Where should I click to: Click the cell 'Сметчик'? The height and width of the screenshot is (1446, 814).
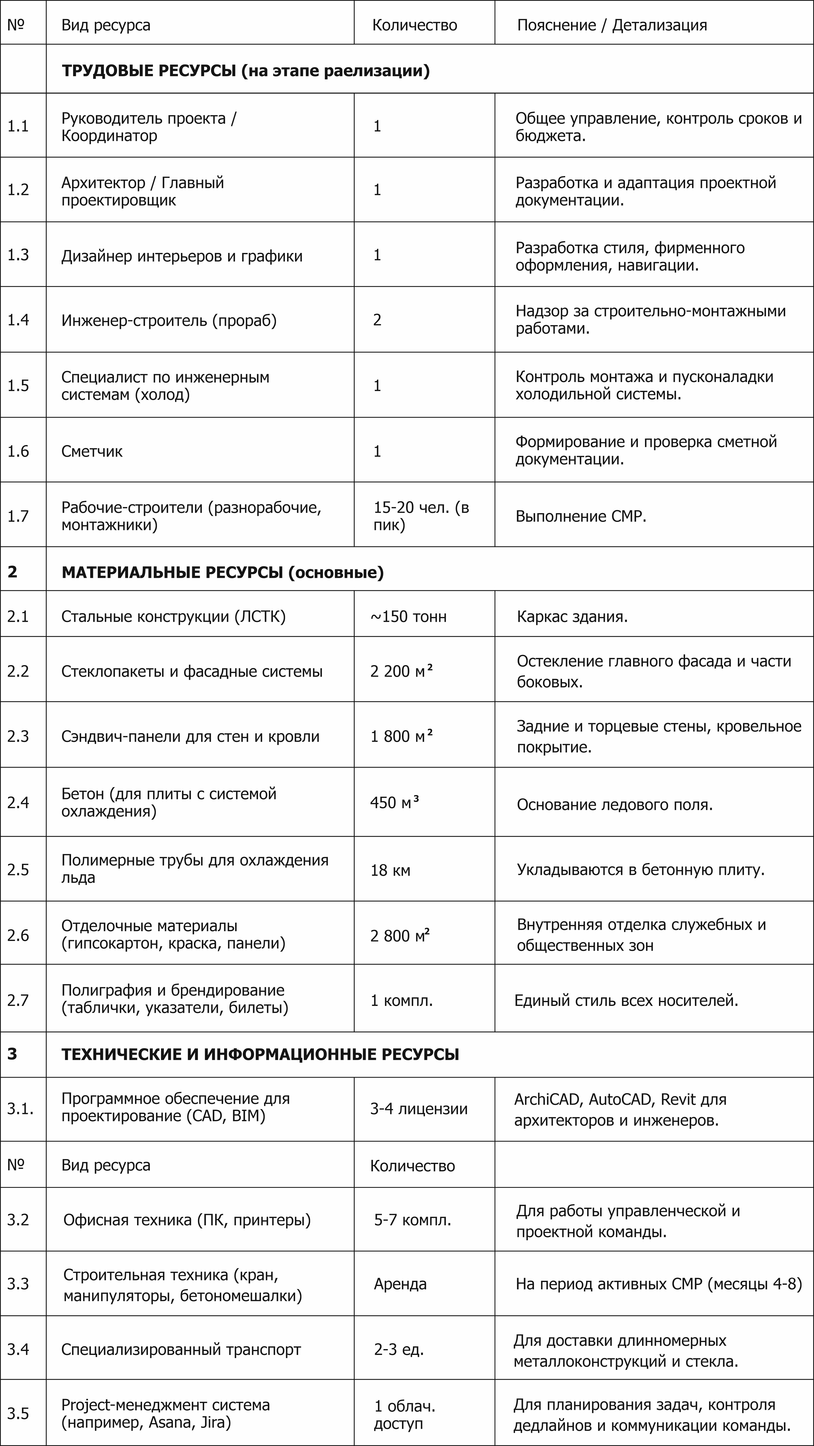click(x=92, y=451)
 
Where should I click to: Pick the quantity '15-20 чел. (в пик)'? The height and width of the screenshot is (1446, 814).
click(x=421, y=516)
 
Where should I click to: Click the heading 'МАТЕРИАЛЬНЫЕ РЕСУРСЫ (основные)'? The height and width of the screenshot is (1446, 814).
click(x=222, y=573)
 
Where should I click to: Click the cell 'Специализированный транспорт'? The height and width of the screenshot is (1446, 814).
click(x=181, y=1350)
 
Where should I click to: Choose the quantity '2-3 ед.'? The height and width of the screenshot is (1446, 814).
click(x=399, y=1350)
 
